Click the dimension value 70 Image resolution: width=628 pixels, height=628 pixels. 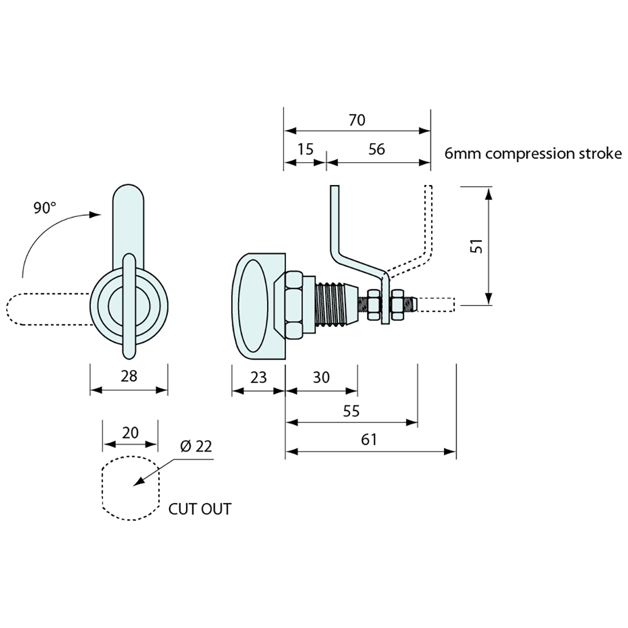tap(356, 120)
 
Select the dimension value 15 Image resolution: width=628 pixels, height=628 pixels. tap(306, 150)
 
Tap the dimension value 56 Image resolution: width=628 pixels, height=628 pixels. tap(377, 150)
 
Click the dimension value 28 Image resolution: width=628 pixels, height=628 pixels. tap(129, 376)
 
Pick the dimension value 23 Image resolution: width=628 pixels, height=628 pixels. tap(258, 377)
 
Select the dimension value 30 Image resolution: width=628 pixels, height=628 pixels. tap(321, 377)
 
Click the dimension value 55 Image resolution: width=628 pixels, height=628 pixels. tap(352, 410)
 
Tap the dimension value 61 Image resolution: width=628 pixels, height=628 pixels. tap(369, 440)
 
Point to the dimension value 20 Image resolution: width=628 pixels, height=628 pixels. tap(130, 433)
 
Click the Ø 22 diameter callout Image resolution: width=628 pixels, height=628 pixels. tap(195, 446)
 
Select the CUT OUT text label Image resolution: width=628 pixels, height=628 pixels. tap(200, 509)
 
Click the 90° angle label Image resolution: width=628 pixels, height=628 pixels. tap(45, 208)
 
